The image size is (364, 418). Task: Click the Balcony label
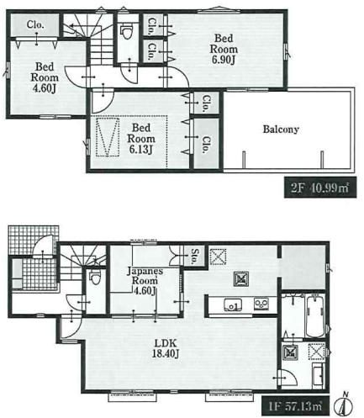click(281, 130)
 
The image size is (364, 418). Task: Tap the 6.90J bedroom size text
click(224, 60)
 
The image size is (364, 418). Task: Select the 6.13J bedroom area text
click(140, 150)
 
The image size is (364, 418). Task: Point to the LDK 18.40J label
click(166, 348)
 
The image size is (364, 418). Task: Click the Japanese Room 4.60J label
click(145, 281)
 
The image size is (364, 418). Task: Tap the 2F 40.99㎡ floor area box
click(320, 188)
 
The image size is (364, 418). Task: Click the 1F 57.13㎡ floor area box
click(296, 405)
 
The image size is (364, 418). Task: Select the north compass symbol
click(343, 404)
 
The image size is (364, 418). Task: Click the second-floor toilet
click(126, 31)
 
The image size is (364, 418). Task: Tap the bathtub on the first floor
click(315, 316)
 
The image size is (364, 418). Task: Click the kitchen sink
click(233, 304)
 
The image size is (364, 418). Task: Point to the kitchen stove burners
click(261, 304)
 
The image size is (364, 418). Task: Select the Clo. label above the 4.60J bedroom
click(35, 25)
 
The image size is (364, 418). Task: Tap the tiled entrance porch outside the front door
click(34, 240)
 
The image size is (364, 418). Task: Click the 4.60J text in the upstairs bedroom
click(45, 88)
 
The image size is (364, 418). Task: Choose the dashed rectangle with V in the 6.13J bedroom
click(108, 137)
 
